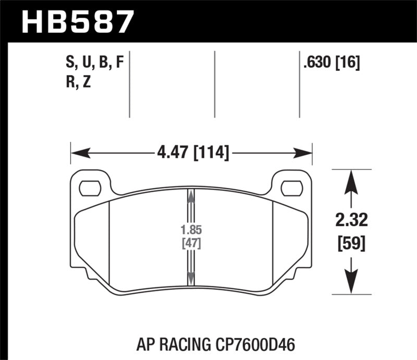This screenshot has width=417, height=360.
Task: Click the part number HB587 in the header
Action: coord(76,22)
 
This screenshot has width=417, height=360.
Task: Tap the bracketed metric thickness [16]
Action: coord(348,64)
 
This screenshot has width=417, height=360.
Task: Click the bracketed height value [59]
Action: coord(352,243)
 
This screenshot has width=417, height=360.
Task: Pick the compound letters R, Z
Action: coord(79,82)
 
